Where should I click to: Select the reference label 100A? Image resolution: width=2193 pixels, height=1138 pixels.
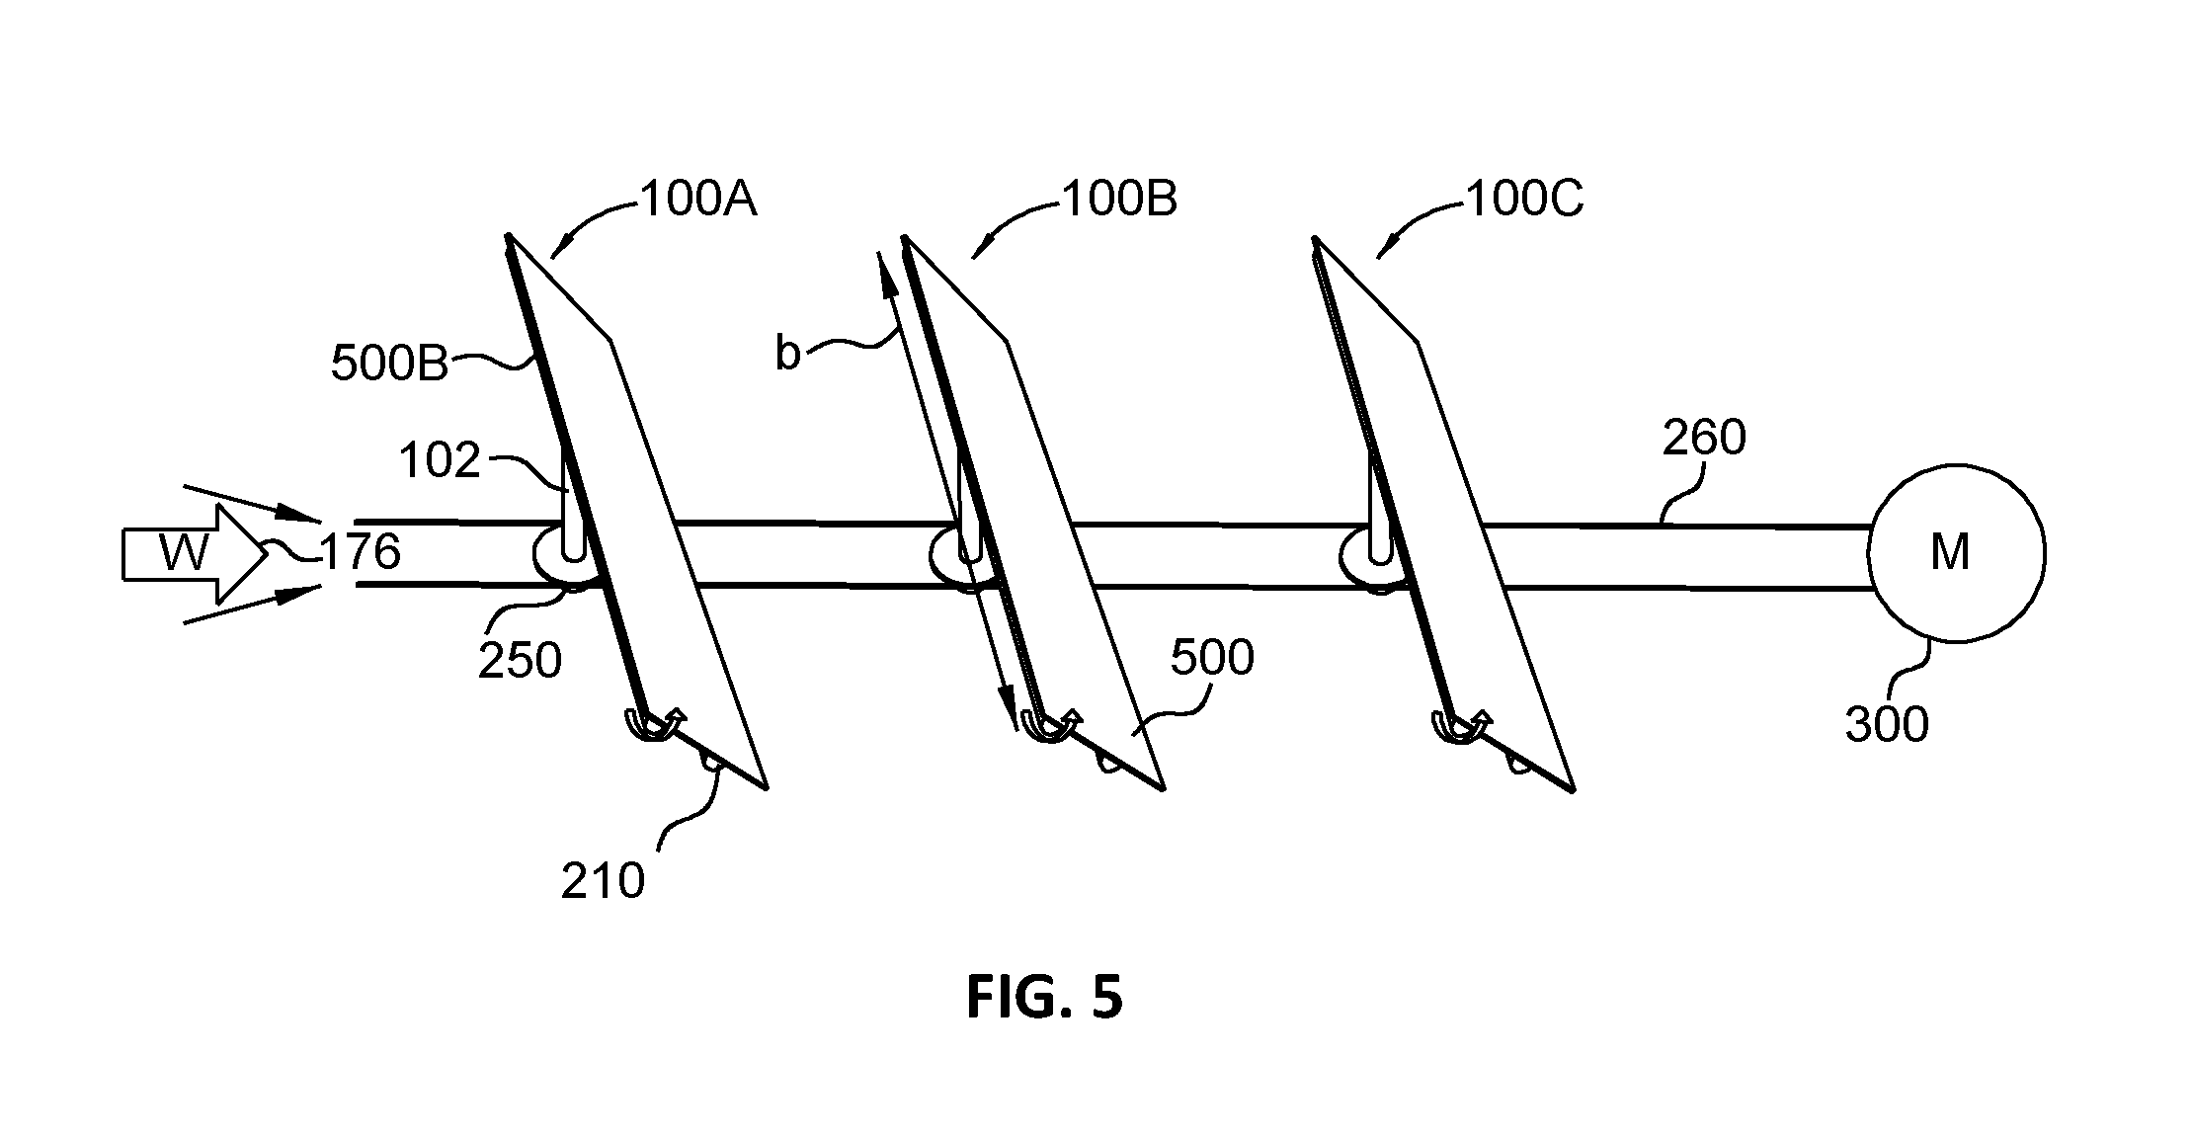pyautogui.click(x=698, y=200)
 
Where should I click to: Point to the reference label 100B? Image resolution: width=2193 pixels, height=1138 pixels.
pyautogui.click(x=1119, y=200)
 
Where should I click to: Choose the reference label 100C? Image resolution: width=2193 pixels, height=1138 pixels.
pyautogui.click(x=1524, y=200)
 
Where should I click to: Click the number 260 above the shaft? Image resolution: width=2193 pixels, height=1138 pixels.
pyautogui.click(x=1704, y=438)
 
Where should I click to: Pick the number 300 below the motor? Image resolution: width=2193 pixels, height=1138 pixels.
pyautogui.click(x=1887, y=725)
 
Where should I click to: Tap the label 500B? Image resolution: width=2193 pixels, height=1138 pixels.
pyautogui.click(x=389, y=364)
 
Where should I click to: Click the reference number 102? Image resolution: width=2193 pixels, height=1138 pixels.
pyautogui.click(x=440, y=460)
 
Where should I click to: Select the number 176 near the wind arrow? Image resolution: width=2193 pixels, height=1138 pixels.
pyautogui.click(x=360, y=551)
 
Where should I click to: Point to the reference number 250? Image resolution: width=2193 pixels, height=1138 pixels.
pyautogui.click(x=520, y=661)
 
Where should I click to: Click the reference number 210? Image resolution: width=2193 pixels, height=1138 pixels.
pyautogui.click(x=603, y=880)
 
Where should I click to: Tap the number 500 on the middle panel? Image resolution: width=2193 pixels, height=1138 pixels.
pyautogui.click(x=1212, y=658)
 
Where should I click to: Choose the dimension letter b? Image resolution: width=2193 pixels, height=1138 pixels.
pyautogui.click(x=787, y=353)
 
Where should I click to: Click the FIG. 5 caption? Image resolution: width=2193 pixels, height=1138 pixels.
pyautogui.click(x=1044, y=998)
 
